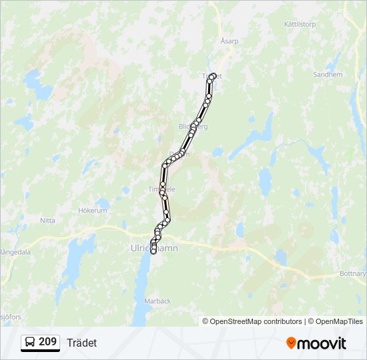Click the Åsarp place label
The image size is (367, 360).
coord(230,41)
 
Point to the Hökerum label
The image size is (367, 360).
coord(93,210)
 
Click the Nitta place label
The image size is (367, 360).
coord(47,220)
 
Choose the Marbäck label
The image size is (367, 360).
coord(157,301)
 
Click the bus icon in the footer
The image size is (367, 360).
coord(30,342)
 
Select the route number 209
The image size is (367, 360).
coord(47,342)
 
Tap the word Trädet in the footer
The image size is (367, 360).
coord(81,343)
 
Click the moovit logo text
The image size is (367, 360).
coord(322,343)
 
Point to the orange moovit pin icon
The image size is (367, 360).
coord(291,343)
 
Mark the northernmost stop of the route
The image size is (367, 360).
coord(214,75)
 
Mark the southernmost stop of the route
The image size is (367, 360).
coord(153,252)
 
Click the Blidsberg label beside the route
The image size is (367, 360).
coord(194,126)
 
